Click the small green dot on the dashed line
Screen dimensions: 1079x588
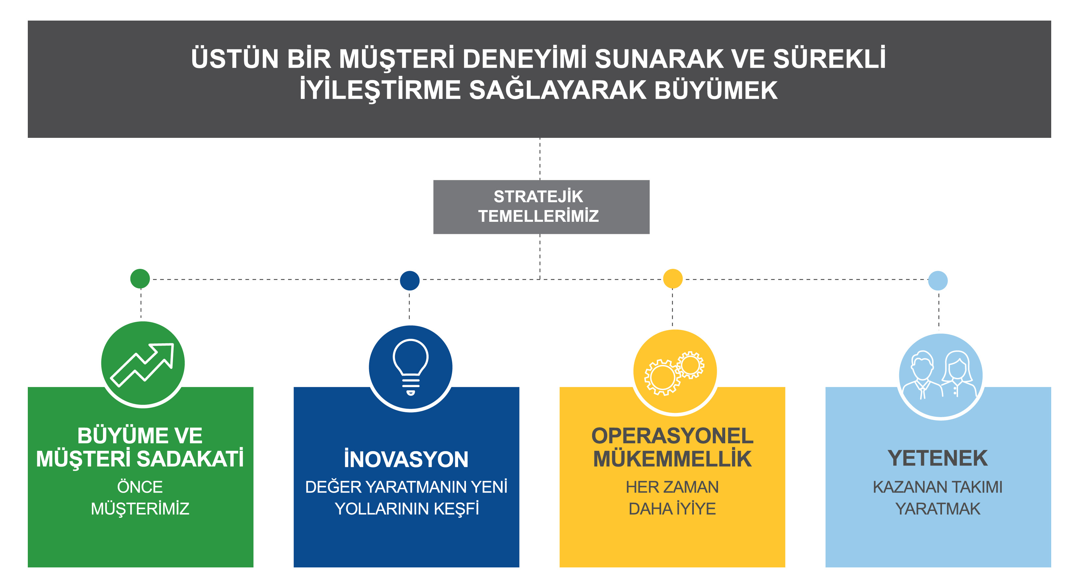pyautogui.click(x=140, y=279)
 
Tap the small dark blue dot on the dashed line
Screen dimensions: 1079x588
pyautogui.click(x=410, y=280)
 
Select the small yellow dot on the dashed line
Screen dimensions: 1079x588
pyautogui.click(x=673, y=279)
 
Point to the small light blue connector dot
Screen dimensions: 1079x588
pyautogui.click(x=938, y=280)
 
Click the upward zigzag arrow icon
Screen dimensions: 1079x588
pyautogui.click(x=143, y=365)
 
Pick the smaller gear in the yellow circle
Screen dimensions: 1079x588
pyautogui.click(x=690, y=365)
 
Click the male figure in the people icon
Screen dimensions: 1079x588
pyautogui.click(x=922, y=375)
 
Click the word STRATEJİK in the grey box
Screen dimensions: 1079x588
pyautogui.click(x=538, y=196)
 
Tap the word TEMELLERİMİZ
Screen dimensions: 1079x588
pyautogui.click(x=539, y=216)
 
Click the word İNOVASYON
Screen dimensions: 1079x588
pyautogui.click(x=406, y=459)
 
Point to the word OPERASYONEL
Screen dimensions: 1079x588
pyautogui.click(x=672, y=436)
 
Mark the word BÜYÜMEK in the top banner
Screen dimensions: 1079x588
pyautogui.click(x=715, y=90)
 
